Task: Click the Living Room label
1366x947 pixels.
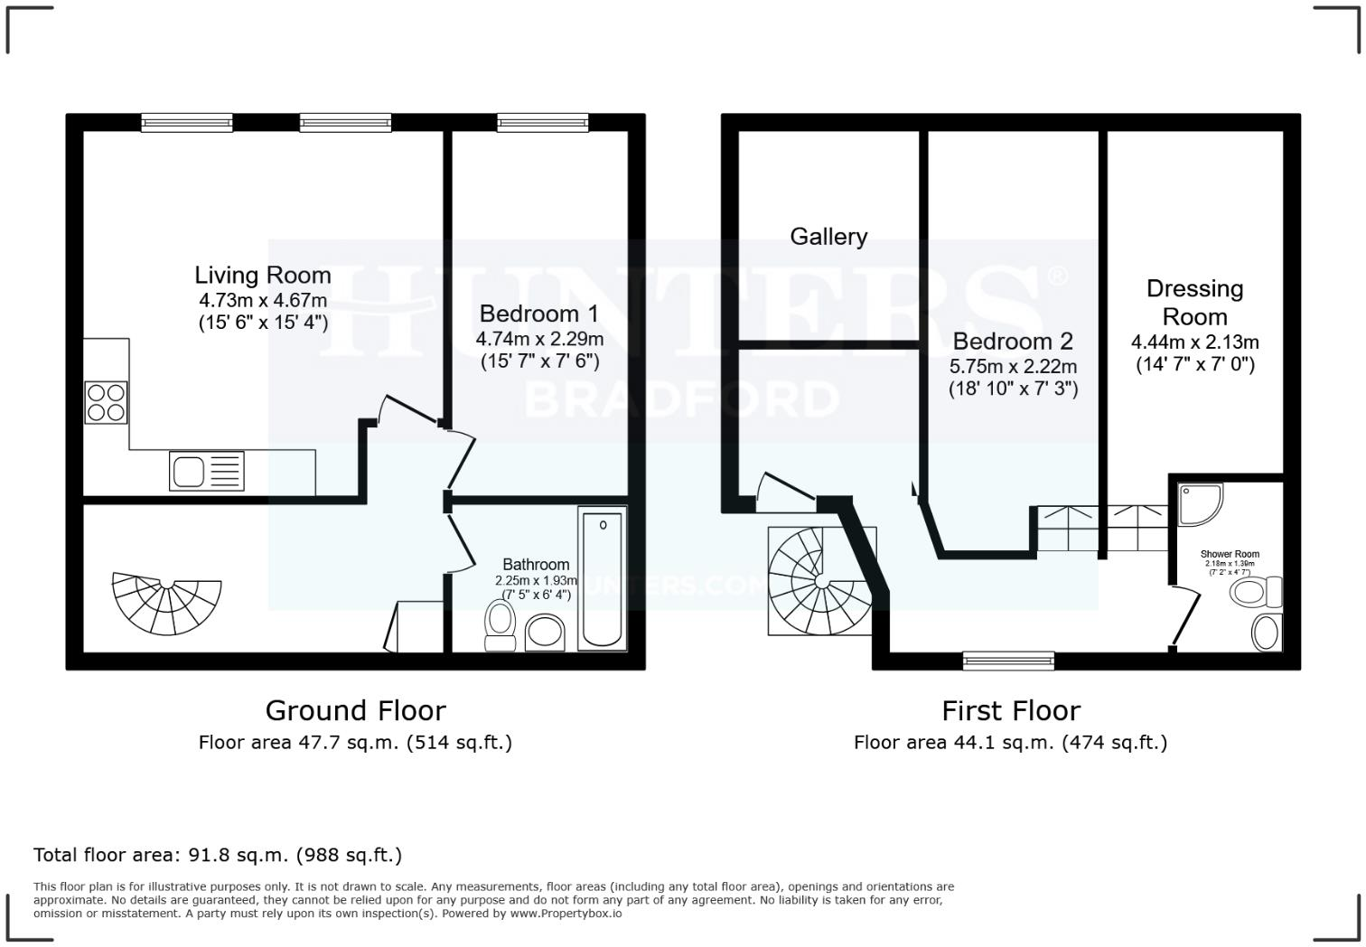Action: tap(263, 275)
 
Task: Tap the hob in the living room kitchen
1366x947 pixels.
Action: tap(106, 403)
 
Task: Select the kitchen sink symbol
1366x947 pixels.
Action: tap(206, 471)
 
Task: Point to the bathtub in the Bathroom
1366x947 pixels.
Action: tap(602, 577)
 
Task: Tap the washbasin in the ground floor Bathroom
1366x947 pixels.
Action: tap(545, 632)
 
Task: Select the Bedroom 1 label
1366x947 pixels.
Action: tap(538, 314)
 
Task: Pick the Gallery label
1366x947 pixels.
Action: tap(828, 237)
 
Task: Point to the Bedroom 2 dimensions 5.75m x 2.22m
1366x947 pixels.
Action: tap(1013, 367)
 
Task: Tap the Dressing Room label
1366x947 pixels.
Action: tap(1194, 303)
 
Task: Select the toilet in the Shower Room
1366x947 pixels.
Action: tap(1255, 593)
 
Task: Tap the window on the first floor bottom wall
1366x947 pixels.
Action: tap(1008, 661)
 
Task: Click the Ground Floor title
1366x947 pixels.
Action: tap(355, 710)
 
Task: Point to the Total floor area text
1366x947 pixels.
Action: tap(218, 855)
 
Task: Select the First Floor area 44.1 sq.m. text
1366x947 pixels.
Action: tap(1010, 743)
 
